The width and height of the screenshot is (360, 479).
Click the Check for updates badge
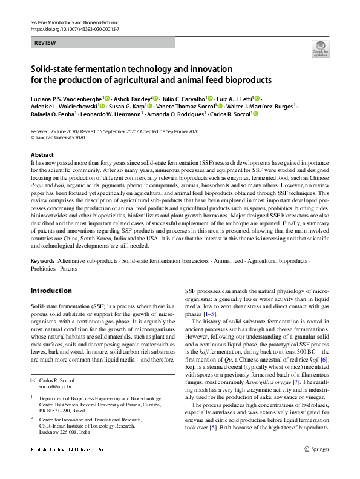[321, 48]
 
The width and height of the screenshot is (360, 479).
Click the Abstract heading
[42, 155]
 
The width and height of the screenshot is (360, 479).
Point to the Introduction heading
[51, 291]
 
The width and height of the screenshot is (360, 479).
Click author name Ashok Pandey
[133, 98]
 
